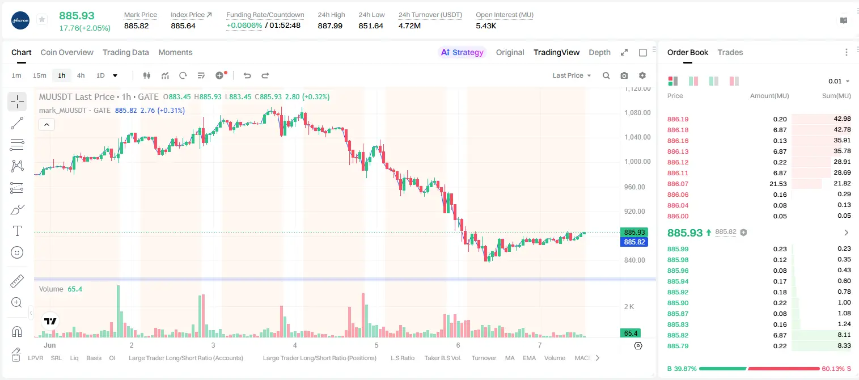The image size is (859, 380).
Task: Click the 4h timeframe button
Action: [x=81, y=75]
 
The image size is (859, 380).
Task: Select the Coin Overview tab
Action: [x=67, y=52]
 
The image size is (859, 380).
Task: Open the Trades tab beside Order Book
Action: [x=730, y=52]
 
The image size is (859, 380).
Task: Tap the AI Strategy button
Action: [x=462, y=52]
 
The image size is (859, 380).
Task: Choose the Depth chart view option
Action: [x=599, y=52]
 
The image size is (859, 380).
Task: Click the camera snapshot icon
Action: [x=624, y=75]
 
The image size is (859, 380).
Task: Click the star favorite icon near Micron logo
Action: [x=42, y=19]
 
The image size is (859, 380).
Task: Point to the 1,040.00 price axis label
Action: [x=637, y=137]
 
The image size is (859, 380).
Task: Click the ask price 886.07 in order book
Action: [x=678, y=184]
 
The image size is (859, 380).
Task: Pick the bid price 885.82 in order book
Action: [x=678, y=335]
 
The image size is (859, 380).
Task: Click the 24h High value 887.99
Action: [x=330, y=26]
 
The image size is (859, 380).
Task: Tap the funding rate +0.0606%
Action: [x=244, y=26]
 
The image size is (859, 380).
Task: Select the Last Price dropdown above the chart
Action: [x=572, y=75]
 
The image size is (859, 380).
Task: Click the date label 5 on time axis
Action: [x=376, y=345]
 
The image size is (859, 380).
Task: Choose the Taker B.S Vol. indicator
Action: [x=442, y=358]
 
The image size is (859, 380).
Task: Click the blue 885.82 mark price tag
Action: [x=634, y=242]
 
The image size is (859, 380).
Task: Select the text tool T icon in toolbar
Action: [x=17, y=231]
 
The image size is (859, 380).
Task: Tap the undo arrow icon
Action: [x=247, y=75]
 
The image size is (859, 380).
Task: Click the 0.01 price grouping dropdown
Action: [x=839, y=81]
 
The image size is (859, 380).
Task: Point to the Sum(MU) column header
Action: [x=836, y=96]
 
